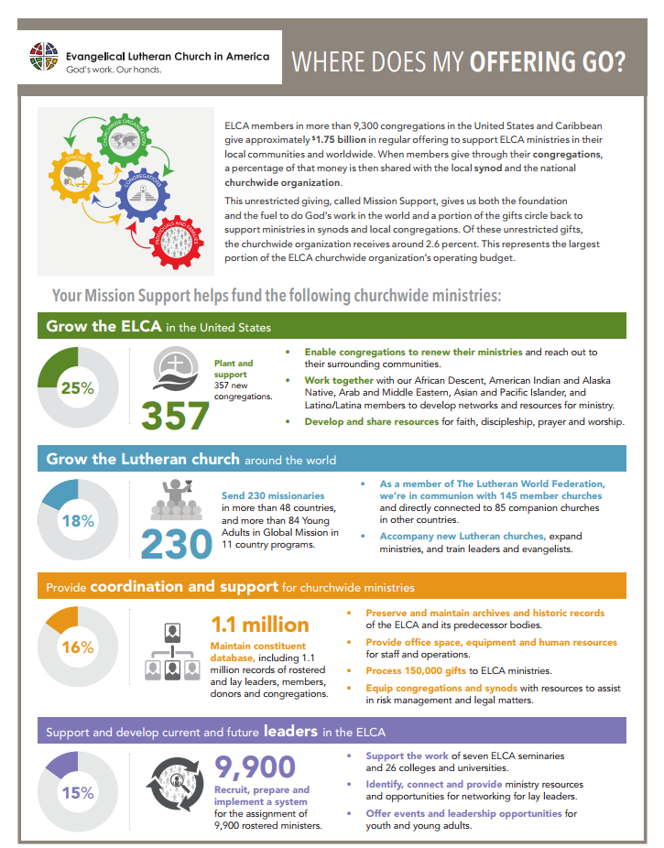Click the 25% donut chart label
77,387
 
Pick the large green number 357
175,416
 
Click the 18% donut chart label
77,521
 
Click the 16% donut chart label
77,647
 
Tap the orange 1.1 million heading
259,625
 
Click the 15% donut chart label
77,792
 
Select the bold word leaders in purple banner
291,731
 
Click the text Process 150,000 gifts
415,671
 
